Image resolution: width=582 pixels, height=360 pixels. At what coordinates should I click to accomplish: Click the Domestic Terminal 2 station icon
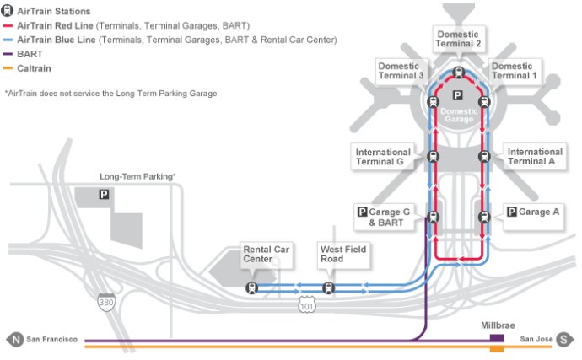pyautogui.click(x=459, y=73)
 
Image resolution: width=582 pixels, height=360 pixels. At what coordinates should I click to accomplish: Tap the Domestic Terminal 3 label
pyautogui.click(x=401, y=71)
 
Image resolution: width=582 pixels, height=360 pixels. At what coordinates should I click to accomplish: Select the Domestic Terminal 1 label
pyautogui.click(x=514, y=71)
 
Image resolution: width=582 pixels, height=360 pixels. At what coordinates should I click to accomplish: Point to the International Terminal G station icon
pyautogui.click(x=434, y=156)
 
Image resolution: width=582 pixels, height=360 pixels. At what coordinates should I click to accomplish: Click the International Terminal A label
pyautogui.click(x=535, y=156)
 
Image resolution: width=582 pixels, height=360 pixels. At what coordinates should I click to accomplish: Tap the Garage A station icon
pyautogui.click(x=484, y=217)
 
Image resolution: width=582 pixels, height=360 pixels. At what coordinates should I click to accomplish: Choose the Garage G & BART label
pyautogui.click(x=384, y=218)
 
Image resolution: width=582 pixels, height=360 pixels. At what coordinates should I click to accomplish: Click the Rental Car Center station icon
pyautogui.click(x=252, y=287)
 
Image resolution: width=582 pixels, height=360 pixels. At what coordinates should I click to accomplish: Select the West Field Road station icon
pyautogui.click(x=328, y=287)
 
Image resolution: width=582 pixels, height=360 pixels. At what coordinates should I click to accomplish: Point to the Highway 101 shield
pyautogui.click(x=306, y=304)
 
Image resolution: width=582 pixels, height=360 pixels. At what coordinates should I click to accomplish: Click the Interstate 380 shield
pyautogui.click(x=106, y=301)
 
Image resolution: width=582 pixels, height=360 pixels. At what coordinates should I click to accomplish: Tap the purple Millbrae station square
pyautogui.click(x=497, y=338)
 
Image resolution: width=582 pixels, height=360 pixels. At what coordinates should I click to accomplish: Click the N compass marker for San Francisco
pyautogui.click(x=15, y=339)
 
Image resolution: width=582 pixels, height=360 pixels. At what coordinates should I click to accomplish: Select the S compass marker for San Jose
pyautogui.click(x=563, y=339)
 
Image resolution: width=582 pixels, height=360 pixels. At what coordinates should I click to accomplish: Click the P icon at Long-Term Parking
pyautogui.click(x=104, y=194)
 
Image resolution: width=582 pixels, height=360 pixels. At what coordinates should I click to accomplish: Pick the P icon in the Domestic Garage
pyautogui.click(x=458, y=96)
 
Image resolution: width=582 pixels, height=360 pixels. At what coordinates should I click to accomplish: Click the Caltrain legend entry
pyautogui.click(x=27, y=68)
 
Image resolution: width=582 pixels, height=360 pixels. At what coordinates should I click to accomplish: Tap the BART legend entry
pyautogui.click(x=23, y=54)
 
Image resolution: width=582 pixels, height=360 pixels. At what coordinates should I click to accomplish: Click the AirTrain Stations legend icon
pyautogui.click(x=7, y=11)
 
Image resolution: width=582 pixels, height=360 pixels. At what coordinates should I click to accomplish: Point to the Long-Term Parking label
pyautogui.click(x=137, y=177)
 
